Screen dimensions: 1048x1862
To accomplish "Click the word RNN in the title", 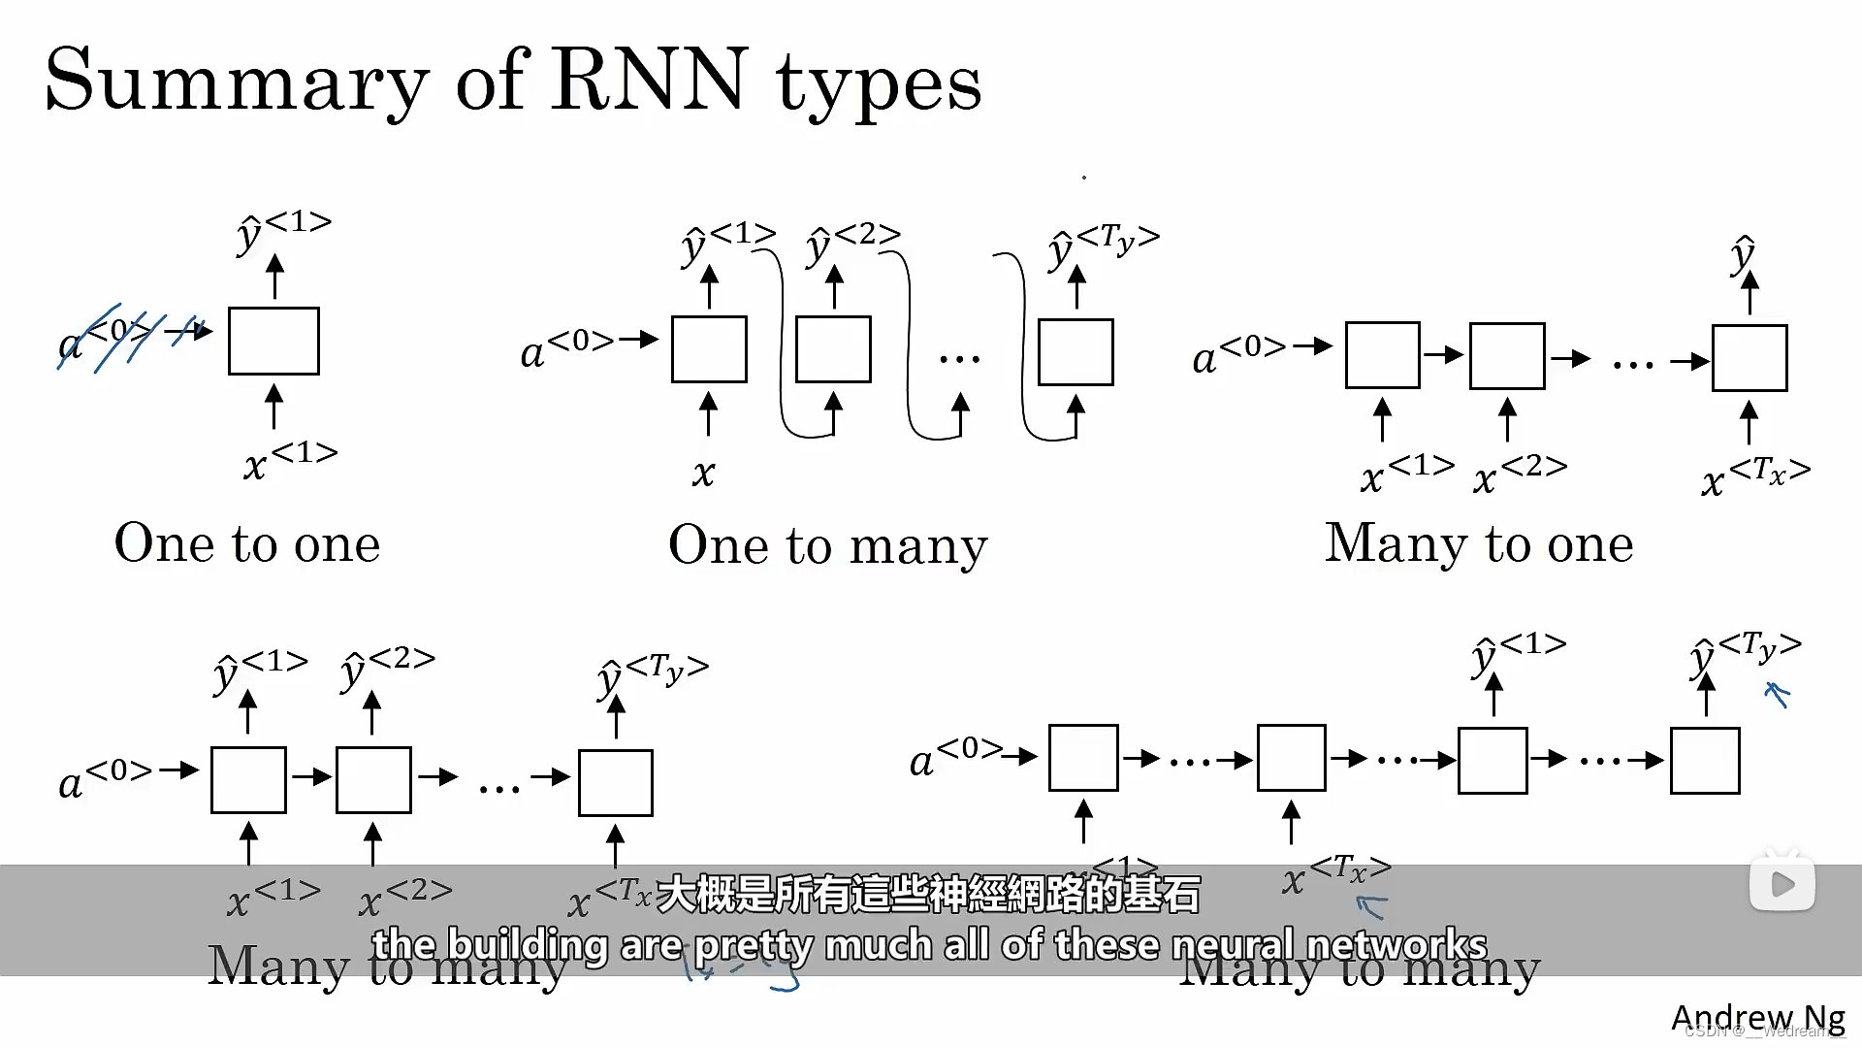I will (x=649, y=80).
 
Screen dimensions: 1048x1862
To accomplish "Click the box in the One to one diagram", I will (x=273, y=341).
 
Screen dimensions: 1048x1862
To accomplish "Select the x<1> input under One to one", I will (x=289, y=461).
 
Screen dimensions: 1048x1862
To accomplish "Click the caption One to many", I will (x=827, y=544).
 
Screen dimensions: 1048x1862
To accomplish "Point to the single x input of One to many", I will (x=703, y=474).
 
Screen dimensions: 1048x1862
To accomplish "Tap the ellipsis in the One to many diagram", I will (x=959, y=359).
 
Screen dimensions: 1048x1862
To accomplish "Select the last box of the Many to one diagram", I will (x=1749, y=358).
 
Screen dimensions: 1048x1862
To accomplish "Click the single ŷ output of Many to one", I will (x=1743, y=254).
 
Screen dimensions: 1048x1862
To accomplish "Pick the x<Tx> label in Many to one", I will (x=1754, y=476).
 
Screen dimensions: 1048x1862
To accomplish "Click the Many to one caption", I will (x=1479, y=543).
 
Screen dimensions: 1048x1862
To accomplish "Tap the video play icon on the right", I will (x=1782, y=883).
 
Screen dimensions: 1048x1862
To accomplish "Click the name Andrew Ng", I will (x=1757, y=1017).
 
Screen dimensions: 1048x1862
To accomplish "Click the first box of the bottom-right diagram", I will (x=1083, y=758).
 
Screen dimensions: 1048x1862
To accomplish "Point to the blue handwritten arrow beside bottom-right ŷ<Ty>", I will (x=1777, y=694).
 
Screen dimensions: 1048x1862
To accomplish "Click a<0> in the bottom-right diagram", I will (x=955, y=757).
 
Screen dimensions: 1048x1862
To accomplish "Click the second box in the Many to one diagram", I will (x=1506, y=356).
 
